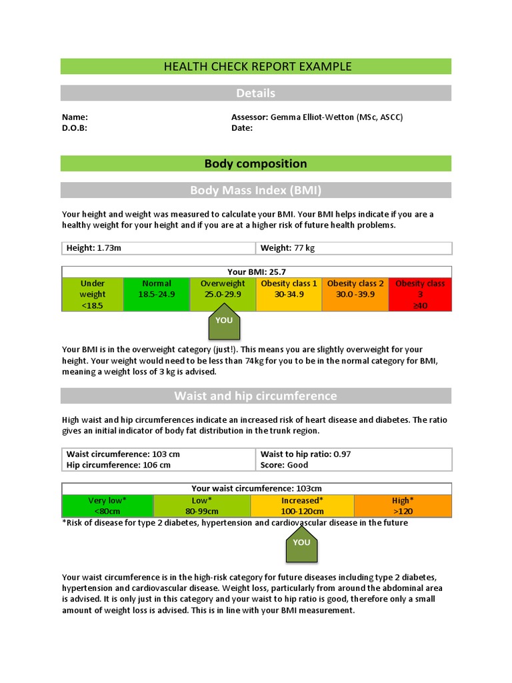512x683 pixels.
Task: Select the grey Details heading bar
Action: coord(256,93)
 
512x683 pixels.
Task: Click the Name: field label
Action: coord(75,117)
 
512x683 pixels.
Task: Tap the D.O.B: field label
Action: coord(75,128)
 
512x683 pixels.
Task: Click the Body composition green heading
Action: coord(256,163)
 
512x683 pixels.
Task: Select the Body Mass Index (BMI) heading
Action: coord(256,190)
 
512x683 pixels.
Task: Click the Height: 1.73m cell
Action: coord(159,248)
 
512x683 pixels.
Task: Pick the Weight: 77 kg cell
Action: coord(353,248)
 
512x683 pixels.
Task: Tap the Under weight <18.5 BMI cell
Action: coord(93,294)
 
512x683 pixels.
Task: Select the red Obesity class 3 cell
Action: coord(419,294)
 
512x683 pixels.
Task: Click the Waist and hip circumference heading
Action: coord(256,396)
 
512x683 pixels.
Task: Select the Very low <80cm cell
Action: coord(107,506)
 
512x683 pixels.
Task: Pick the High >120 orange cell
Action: coord(403,506)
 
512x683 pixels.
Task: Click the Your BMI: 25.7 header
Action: coord(256,271)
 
